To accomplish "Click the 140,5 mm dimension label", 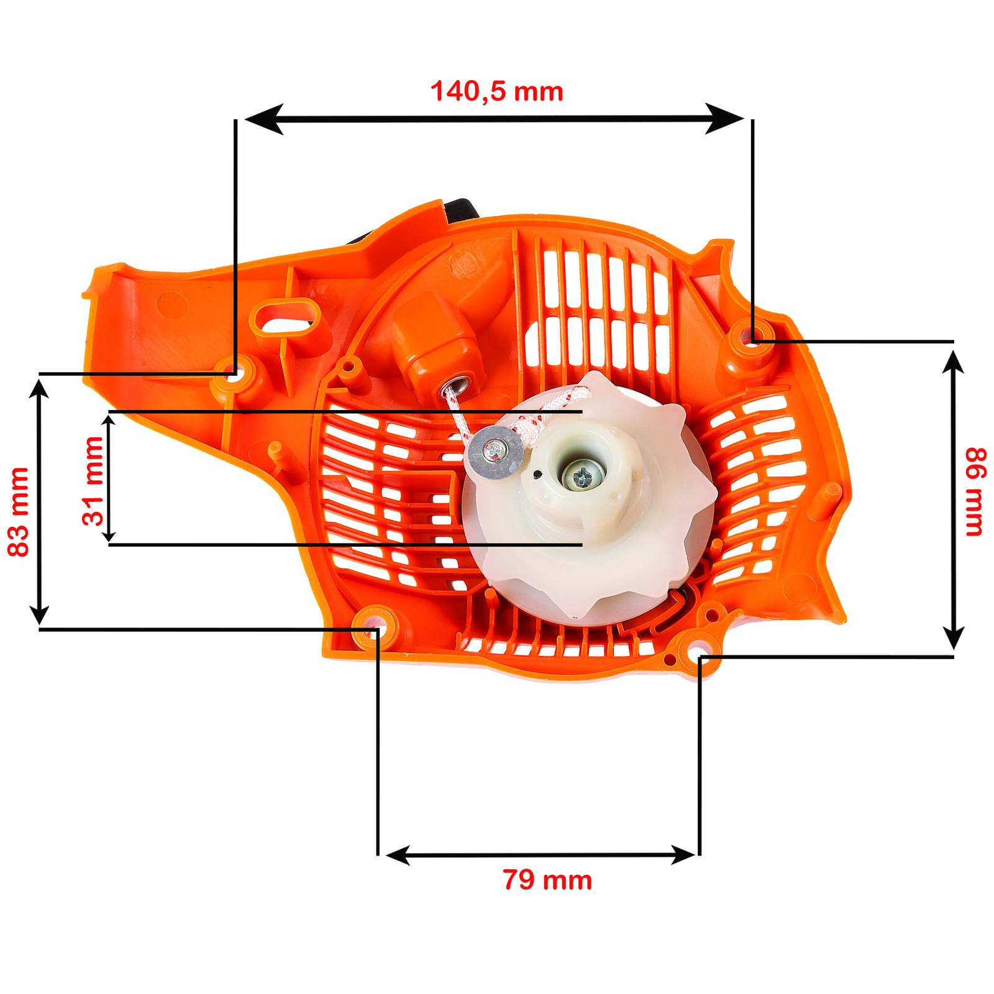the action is [497, 91].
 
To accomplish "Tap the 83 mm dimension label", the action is [19, 512].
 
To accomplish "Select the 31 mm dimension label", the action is [93, 481].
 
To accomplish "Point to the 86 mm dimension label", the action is [974, 491].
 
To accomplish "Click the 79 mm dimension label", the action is [547, 880].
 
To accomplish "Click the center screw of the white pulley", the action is [583, 476].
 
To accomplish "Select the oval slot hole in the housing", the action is [285, 316].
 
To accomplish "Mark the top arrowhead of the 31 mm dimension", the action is [109, 422].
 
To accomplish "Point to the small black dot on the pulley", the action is [537, 475].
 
